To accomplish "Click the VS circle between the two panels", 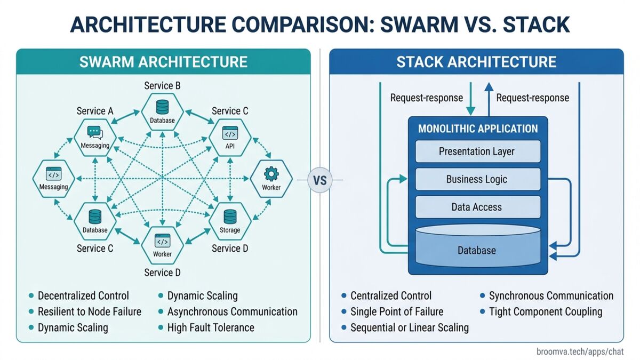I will click(320, 180).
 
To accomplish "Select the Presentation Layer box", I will click(477, 151).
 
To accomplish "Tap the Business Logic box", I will click(477, 179).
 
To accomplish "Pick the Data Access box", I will click(477, 207).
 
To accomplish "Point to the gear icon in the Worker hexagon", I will click(271, 174).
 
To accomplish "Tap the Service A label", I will click(95, 111).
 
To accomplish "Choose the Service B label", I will click(163, 85).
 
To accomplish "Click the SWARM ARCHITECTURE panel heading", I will click(163, 61).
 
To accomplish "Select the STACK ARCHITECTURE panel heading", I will click(476, 61).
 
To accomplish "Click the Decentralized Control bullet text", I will click(83, 295).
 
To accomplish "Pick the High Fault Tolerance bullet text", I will click(211, 327).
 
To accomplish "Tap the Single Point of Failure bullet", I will click(397, 311).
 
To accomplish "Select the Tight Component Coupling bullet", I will click(546, 311).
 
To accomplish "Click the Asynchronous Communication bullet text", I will click(233, 311).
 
